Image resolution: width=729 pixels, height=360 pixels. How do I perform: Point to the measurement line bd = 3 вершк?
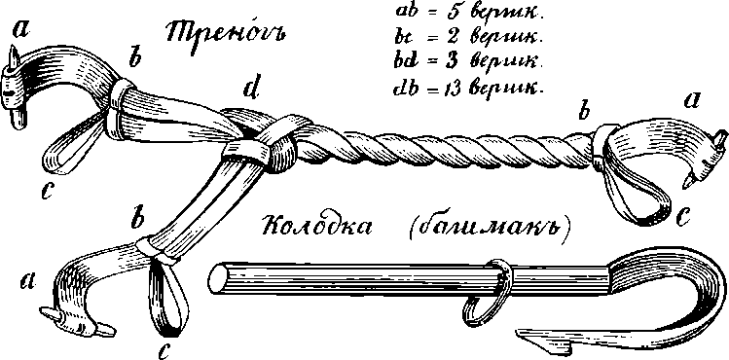463,62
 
